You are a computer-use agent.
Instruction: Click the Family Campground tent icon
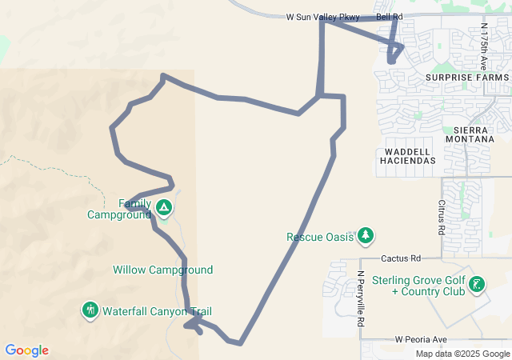(x=163, y=209)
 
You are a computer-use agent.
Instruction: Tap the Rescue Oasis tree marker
(x=366, y=235)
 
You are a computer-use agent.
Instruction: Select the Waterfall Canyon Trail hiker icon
(x=90, y=310)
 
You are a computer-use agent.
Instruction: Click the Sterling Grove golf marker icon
(x=477, y=284)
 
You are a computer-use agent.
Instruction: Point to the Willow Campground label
(x=162, y=270)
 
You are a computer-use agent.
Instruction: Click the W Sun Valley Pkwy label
(x=323, y=16)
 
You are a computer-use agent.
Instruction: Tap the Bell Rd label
(x=389, y=16)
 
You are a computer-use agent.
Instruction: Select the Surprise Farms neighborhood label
(x=466, y=78)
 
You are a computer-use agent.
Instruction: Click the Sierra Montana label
(x=474, y=134)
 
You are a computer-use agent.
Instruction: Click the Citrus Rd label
(x=441, y=218)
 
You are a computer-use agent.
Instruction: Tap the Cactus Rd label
(x=401, y=258)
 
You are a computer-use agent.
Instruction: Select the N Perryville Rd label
(x=361, y=299)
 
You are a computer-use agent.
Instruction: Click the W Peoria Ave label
(x=421, y=340)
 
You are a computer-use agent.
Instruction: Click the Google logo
(x=26, y=350)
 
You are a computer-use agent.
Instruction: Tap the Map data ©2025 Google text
(x=462, y=354)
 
